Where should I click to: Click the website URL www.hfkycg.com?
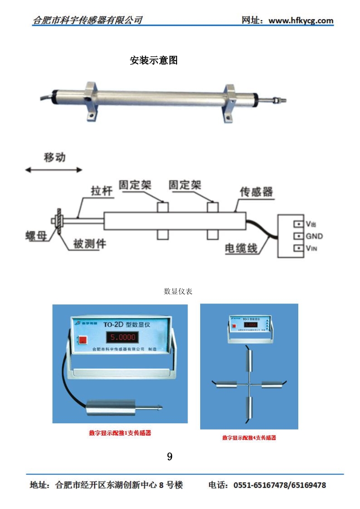301,20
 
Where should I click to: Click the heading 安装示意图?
153,60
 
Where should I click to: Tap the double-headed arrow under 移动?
54,170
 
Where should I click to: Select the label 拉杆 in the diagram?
101,191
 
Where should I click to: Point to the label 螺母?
36,236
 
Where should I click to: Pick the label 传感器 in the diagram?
256,191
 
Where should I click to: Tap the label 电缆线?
241,248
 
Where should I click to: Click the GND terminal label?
314,236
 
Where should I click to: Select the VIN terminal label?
311,249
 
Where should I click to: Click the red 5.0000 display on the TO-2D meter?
122,337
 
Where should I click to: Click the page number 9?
170,456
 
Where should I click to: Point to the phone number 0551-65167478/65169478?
280,485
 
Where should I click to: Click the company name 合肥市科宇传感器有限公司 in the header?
88,20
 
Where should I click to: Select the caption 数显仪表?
178,291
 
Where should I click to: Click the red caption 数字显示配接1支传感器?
120,433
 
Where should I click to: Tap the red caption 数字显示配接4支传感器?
249,438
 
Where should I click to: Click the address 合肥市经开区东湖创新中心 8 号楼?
119,485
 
